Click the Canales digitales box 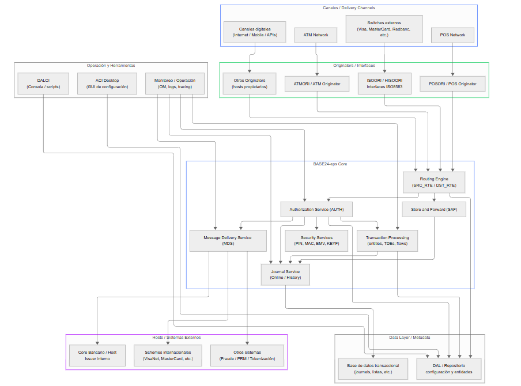[x=255, y=32]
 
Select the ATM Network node [x=316, y=35]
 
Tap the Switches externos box [x=384, y=29]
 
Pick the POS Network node [x=452, y=35]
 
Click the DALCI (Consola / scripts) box [x=43, y=84]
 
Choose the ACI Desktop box [x=107, y=84]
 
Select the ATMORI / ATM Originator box [x=316, y=84]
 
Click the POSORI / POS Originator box [x=452, y=84]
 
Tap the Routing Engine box [x=433, y=182]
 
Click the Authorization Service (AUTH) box [x=316, y=209]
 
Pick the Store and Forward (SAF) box [x=433, y=209]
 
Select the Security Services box [x=316, y=240]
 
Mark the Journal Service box [x=285, y=274]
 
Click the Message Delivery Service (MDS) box [x=228, y=240]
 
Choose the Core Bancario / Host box [x=97, y=355]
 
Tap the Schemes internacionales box [x=168, y=355]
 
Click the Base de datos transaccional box [x=373, y=369]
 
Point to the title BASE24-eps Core [x=330, y=164]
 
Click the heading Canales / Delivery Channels [x=349, y=8]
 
